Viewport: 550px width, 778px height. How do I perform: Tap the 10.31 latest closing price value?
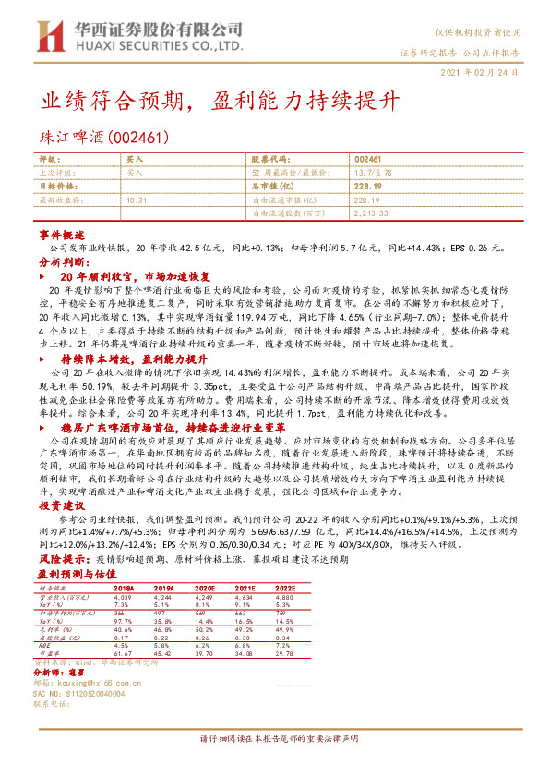click(x=137, y=200)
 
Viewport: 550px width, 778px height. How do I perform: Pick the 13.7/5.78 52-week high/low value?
click(x=373, y=173)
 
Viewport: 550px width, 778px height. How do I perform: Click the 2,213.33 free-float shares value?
click(x=373, y=213)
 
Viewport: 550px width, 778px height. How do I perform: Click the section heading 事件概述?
click(x=63, y=236)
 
